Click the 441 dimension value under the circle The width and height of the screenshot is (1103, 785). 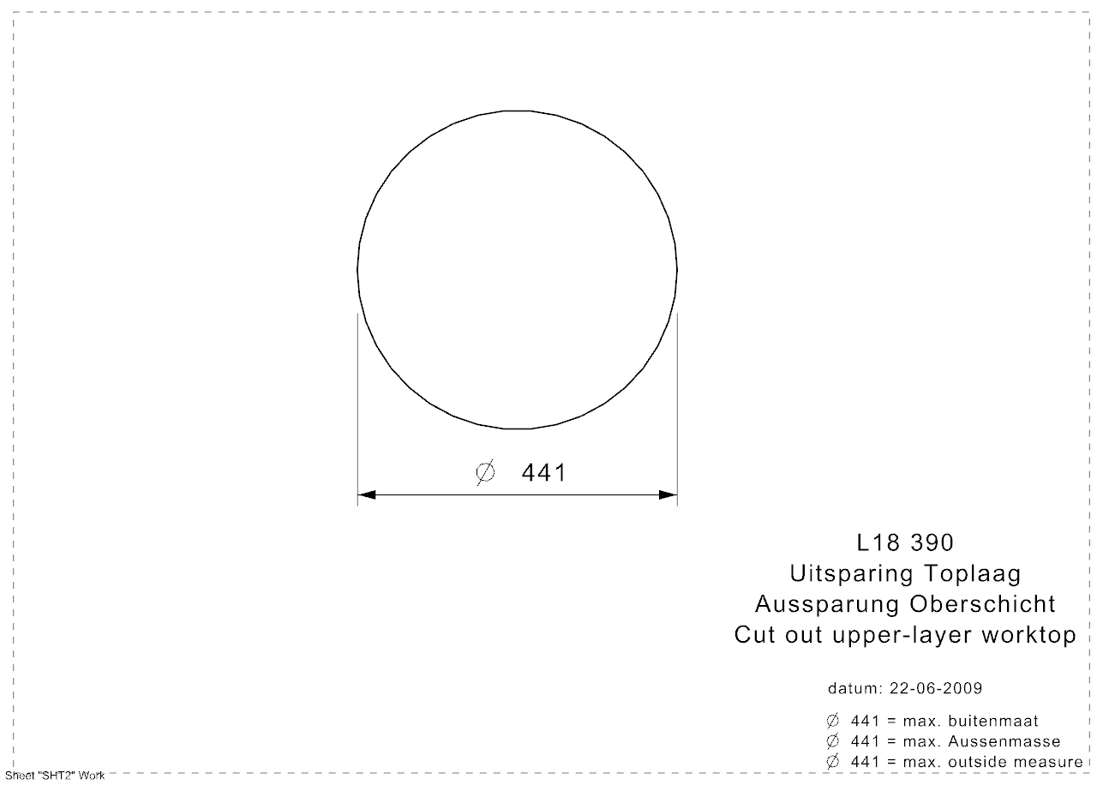[x=543, y=473]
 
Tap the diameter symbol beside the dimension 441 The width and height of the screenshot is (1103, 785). [x=486, y=473]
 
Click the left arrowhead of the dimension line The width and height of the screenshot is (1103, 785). [x=367, y=494]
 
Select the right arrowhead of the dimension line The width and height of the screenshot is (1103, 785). [x=668, y=494]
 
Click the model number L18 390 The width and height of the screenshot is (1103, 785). [x=906, y=542]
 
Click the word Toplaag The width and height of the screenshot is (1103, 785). [x=973, y=574]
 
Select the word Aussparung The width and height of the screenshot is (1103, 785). [x=827, y=605]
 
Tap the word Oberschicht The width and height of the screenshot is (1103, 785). [x=983, y=604]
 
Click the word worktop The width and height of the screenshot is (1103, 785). [x=1029, y=635]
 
